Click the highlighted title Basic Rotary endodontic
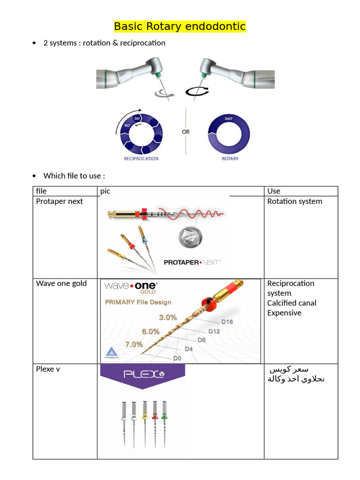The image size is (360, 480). point(180,26)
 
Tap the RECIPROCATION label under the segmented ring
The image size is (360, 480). point(141,158)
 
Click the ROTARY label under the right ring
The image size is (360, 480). point(230,158)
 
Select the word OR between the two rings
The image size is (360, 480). point(186,132)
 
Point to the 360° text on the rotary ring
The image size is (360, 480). point(229,119)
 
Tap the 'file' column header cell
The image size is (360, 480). point(41,191)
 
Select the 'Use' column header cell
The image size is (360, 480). point(274,191)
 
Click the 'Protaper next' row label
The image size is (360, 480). point(59,201)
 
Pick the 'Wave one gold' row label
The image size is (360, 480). point(61,283)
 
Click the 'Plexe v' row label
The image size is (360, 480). point(48,369)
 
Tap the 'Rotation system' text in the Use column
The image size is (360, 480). point(294,201)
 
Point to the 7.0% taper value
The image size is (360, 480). point(134,344)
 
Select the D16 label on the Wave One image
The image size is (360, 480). point(227,322)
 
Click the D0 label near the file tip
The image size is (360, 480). point(177,358)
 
